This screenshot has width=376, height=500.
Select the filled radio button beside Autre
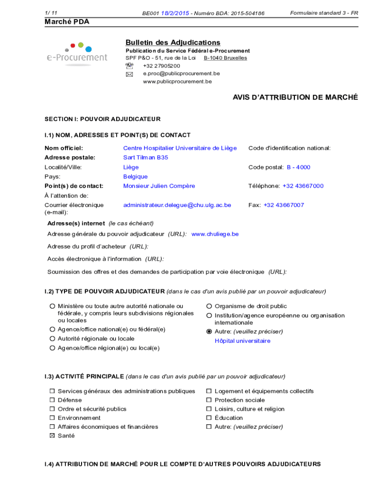[209, 332]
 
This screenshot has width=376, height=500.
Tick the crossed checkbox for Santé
[52, 436]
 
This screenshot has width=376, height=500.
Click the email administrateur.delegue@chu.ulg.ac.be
[177, 205]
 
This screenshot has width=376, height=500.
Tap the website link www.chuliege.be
[215, 234]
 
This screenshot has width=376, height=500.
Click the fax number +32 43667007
[284, 205]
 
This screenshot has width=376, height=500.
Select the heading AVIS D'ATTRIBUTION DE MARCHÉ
[295, 98]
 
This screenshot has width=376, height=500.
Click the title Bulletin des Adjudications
[173, 42]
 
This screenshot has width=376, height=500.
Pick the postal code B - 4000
[298, 167]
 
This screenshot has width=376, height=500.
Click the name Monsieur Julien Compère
[159, 186]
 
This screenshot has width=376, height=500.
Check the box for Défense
[52, 400]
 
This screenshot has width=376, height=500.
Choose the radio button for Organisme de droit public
[209, 306]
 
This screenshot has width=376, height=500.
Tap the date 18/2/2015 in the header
[175, 13]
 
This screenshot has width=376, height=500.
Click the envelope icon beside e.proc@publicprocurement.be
[129, 74]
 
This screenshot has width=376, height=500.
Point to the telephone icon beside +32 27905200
[129, 66]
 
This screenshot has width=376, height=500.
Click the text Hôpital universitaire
[242, 341]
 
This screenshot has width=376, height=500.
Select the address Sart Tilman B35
[146, 158]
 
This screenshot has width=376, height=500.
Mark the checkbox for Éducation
[209, 418]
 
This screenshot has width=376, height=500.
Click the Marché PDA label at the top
[67, 22]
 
